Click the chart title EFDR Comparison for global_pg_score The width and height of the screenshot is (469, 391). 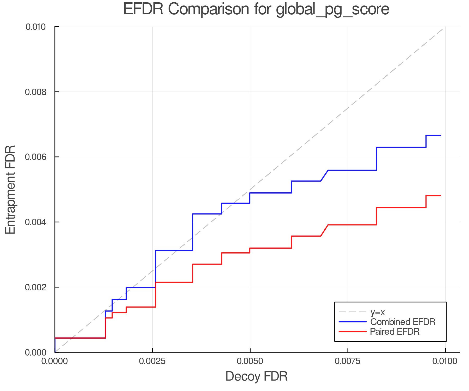pos(256,9)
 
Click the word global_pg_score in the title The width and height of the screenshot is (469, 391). pos(332,10)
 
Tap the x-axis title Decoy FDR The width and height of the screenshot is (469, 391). pos(256,376)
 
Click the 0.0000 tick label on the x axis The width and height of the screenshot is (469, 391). pos(55,361)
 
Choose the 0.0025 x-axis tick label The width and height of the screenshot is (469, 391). pos(152,361)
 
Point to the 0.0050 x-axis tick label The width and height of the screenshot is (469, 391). pos(250,361)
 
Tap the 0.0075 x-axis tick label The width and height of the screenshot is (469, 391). pos(348,361)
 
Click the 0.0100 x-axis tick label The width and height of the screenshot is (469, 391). pos(445,361)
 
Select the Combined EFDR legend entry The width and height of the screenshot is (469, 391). pos(403,322)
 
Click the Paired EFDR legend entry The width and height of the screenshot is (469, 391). pos(395,332)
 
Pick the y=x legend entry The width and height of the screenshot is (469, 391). pos(378,312)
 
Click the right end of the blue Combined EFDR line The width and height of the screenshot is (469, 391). pos(440,135)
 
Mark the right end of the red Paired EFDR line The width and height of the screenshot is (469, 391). pos(440,195)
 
